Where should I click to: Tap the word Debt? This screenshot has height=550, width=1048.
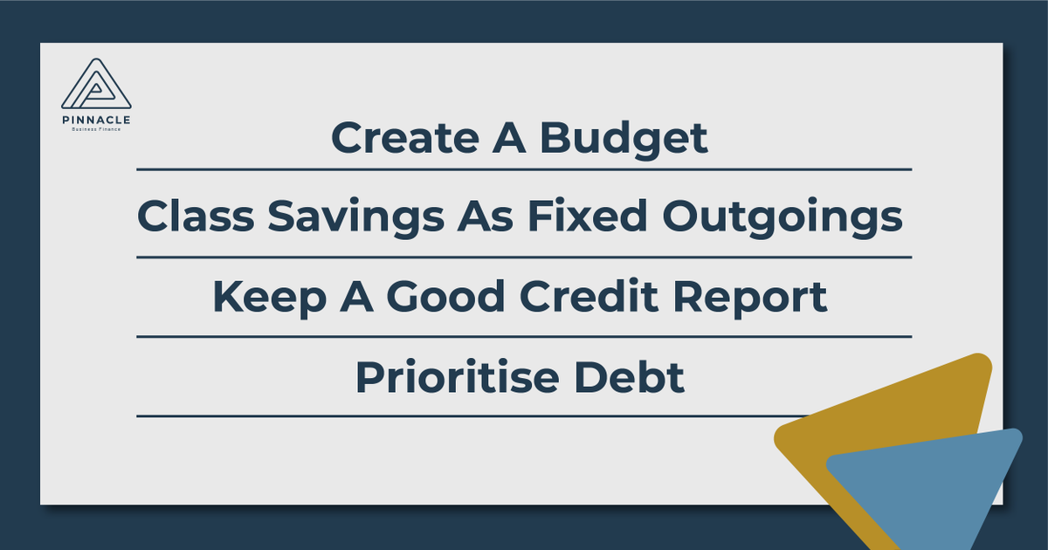tap(635, 377)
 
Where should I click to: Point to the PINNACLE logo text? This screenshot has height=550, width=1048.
tap(96, 120)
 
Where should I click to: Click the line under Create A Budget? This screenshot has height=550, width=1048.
tap(524, 169)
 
